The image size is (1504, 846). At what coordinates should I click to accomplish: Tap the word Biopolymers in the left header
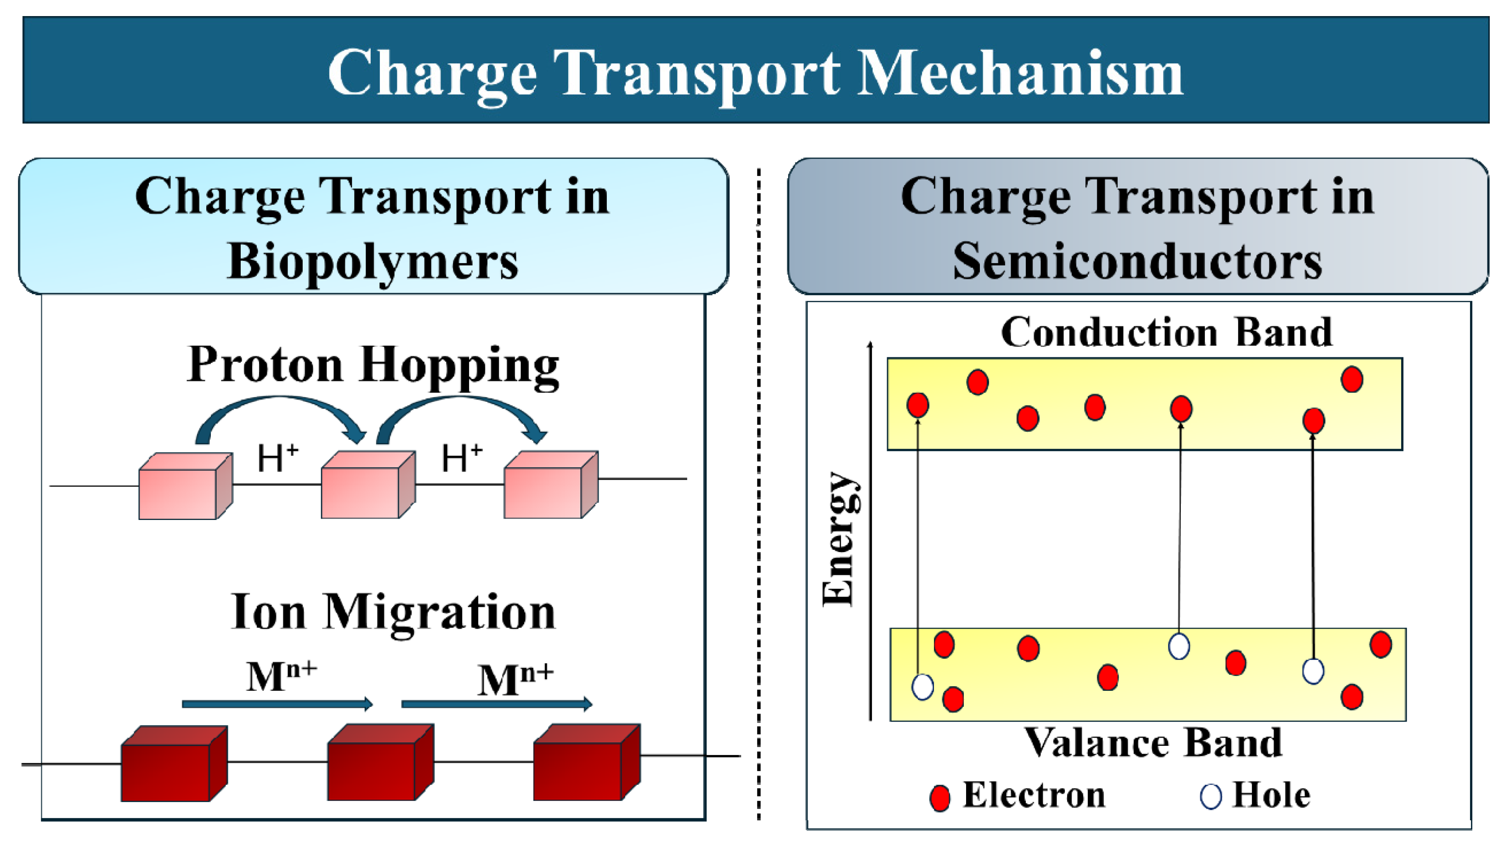point(373,262)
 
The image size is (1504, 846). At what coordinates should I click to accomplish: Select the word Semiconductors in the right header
point(1137,262)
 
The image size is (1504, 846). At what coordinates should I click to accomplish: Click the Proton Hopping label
point(373,365)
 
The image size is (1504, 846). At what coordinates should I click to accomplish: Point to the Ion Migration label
point(393,612)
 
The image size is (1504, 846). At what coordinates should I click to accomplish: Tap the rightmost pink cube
point(550,485)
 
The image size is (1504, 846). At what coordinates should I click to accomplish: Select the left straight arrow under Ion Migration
point(277,704)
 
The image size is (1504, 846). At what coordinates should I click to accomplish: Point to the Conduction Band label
point(1166,332)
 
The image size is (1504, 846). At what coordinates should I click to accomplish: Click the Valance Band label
point(1153,743)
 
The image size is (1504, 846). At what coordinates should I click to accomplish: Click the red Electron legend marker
point(939,797)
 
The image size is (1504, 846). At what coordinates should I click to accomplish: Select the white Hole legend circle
point(1210,796)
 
